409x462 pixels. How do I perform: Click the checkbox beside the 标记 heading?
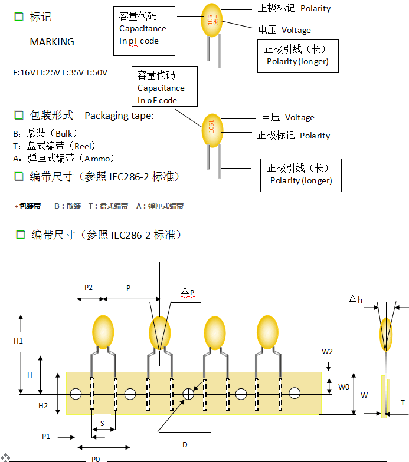click(19, 17)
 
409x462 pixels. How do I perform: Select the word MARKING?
click(52, 42)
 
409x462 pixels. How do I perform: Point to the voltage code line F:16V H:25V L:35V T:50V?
click(61, 73)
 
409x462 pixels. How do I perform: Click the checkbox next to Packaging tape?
click(19, 115)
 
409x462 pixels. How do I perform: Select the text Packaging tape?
click(119, 115)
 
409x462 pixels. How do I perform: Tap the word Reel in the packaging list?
click(81, 146)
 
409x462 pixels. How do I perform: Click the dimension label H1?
click(18, 341)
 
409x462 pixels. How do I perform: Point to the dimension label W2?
click(328, 352)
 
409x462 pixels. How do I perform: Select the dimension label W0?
click(343, 387)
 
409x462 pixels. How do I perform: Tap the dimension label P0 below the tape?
click(95, 458)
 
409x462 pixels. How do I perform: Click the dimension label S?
click(102, 424)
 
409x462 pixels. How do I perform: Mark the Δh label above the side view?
click(355, 300)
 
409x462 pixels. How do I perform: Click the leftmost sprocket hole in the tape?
click(76, 394)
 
